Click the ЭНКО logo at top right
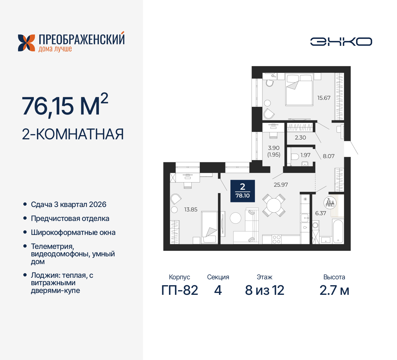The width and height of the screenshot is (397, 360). point(341,42)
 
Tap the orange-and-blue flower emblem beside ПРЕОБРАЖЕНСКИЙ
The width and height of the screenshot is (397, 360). point(26,43)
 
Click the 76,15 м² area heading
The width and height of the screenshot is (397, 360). point(65,106)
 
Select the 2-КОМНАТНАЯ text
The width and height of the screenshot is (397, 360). point(73,134)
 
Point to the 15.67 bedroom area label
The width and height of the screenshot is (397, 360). point(323,98)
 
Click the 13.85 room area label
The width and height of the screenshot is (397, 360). point(191,209)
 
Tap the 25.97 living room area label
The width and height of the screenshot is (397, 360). point(281,185)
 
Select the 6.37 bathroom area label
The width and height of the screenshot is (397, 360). point(320,213)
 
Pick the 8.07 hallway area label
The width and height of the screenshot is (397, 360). point(328,156)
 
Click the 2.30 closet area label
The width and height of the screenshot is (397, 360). point(300,137)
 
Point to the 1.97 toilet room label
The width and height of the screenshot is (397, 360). point(305,155)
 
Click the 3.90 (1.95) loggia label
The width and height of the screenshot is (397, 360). point(274,151)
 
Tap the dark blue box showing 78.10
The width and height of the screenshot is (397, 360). point(243,191)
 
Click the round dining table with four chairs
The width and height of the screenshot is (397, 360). point(274,205)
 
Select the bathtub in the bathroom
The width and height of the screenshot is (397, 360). point(338,231)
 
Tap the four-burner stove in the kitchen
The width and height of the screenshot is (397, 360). point(276,239)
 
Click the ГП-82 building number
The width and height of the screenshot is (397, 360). point(180,290)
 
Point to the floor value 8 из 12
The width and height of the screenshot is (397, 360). point(265,290)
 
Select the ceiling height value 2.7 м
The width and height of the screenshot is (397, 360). point(334,290)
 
